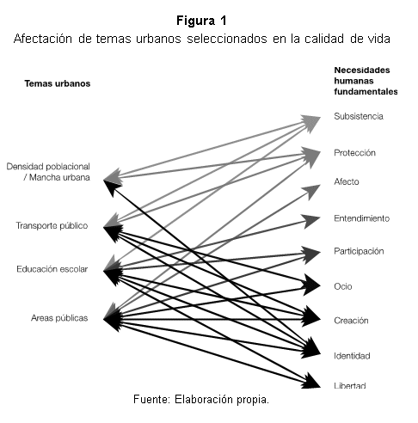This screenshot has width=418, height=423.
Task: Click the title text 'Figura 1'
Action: click(201, 21)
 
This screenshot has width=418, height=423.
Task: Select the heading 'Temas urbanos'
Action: click(58, 83)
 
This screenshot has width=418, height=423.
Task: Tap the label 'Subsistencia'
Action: click(359, 116)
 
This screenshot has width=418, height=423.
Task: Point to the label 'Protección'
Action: click(354, 153)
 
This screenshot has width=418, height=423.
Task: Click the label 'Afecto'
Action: click(347, 181)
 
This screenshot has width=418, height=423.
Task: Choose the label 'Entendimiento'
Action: click(361, 218)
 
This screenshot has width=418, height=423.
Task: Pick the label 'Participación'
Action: click(359, 251)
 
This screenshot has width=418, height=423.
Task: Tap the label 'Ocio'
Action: click(343, 286)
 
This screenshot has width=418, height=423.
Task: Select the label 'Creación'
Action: click(351, 321)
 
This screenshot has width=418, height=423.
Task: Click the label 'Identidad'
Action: click(352, 356)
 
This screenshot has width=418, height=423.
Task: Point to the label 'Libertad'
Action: click(350, 385)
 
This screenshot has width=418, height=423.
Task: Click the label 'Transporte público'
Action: click(52, 226)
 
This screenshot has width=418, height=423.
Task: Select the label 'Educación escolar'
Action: click(52, 269)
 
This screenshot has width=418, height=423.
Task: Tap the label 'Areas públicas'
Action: click(59, 318)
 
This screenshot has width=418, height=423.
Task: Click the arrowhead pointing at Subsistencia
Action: click(311, 123)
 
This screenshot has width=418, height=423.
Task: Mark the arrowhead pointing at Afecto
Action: click(311, 192)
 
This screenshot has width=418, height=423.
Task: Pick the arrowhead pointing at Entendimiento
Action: click(312, 221)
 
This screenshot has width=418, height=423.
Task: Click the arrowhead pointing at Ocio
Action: click(312, 285)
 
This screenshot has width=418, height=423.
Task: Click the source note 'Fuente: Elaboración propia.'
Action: click(201, 399)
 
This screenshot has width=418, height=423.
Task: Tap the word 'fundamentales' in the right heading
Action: click(366, 92)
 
